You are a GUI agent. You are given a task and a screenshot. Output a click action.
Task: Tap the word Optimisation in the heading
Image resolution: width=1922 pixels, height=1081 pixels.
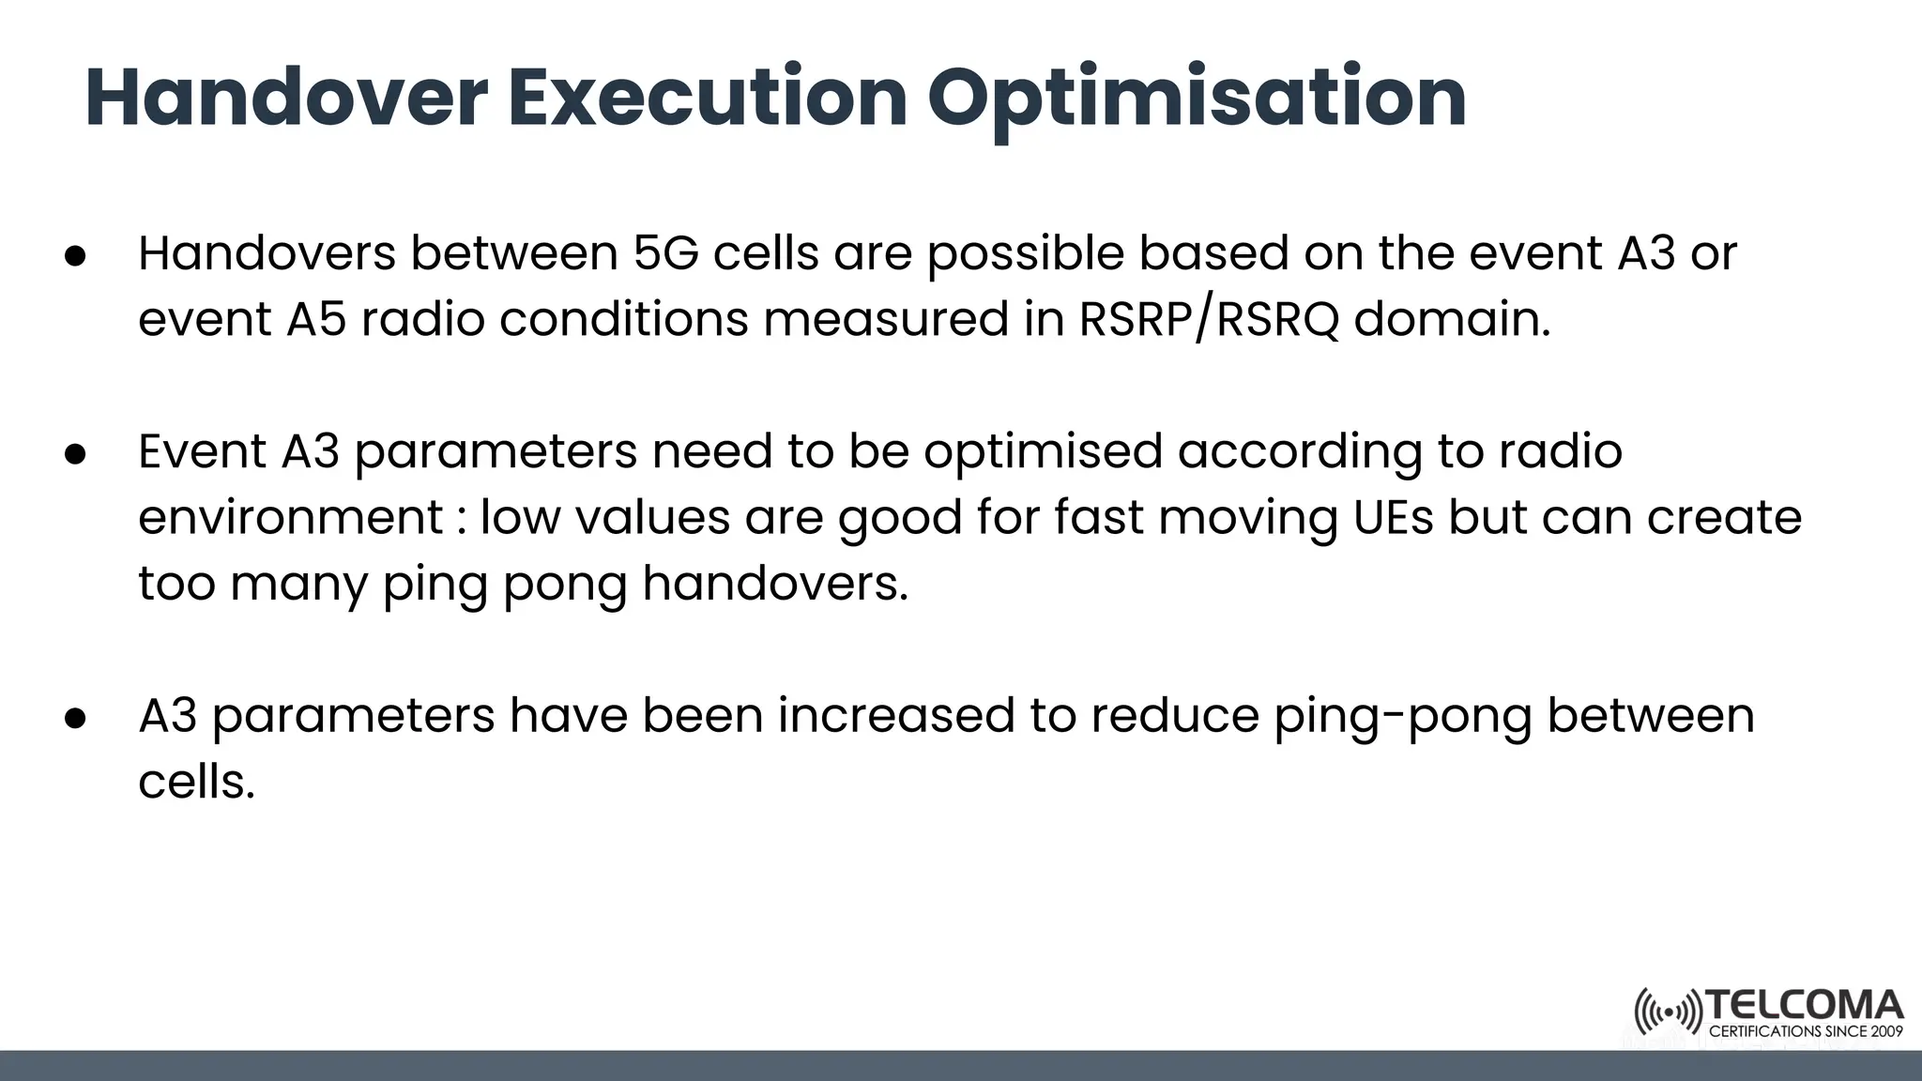pyautogui.click(x=1197, y=99)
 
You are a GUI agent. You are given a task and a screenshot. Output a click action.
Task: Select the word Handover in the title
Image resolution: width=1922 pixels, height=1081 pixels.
pyautogui.click(x=286, y=98)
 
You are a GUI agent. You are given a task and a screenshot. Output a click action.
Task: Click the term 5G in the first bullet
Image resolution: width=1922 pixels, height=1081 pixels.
pyautogui.click(x=665, y=253)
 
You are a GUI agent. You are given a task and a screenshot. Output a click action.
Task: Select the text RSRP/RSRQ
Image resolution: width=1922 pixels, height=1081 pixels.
pyautogui.click(x=1209, y=319)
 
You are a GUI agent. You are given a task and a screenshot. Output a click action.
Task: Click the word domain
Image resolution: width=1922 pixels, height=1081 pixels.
pyautogui.click(x=1452, y=319)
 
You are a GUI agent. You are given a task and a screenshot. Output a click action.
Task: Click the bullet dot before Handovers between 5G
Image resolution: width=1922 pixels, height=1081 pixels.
pyautogui.click(x=76, y=256)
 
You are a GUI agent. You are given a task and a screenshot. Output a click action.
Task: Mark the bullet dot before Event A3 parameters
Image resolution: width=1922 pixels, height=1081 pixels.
pyautogui.click(x=76, y=454)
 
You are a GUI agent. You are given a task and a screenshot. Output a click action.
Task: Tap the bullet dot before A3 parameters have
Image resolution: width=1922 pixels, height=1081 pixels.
pyautogui.click(x=76, y=718)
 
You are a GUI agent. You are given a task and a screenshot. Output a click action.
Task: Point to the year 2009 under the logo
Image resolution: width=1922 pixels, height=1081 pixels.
pyautogui.click(x=1886, y=1032)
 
